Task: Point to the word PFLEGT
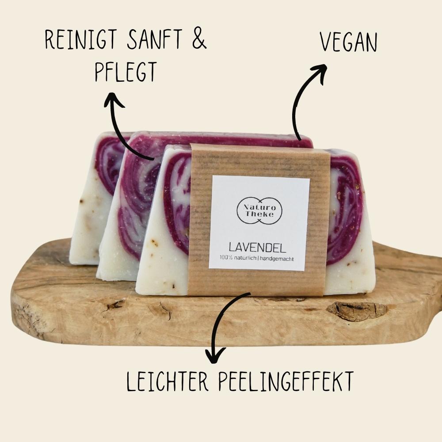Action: [x=126, y=72]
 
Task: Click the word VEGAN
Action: [x=348, y=42]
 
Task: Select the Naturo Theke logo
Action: [x=259, y=210]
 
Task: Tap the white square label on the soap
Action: [x=259, y=222]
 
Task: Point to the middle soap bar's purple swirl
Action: [x=137, y=194]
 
